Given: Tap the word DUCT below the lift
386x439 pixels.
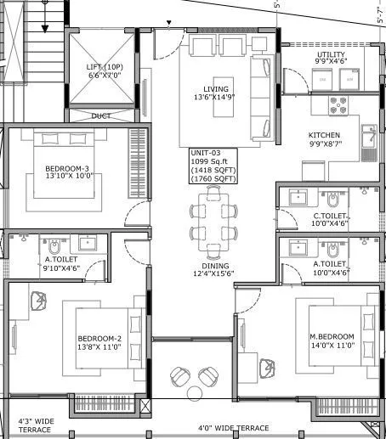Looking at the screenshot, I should [101, 115].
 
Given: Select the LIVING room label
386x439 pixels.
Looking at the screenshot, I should [216, 89].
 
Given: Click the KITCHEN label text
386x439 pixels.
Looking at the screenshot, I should [324, 135].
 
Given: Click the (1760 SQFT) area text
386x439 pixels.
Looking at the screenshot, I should [209, 178].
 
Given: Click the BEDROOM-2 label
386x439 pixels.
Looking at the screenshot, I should [99, 337].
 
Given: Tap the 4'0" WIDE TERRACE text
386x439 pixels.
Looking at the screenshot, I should [233, 428].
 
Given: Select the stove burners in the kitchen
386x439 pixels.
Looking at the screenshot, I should [338, 105].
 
